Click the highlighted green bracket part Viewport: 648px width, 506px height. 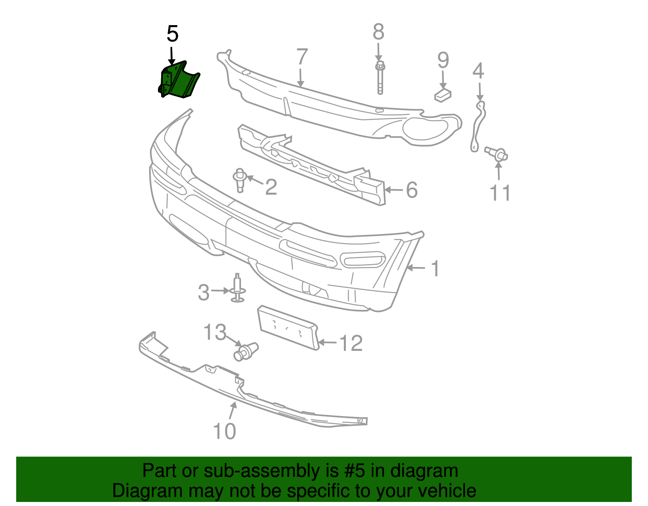coord(178,81)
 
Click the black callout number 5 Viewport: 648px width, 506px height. coord(172,34)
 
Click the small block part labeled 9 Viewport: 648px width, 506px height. coord(443,96)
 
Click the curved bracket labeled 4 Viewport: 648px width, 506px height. coord(477,126)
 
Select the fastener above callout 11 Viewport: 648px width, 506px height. coord(497,154)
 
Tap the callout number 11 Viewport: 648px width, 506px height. coord(500,193)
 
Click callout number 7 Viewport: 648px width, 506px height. coord(302,57)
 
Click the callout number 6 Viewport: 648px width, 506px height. coord(411,190)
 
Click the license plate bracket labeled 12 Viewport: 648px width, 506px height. coord(288,327)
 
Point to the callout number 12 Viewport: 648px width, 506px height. coord(351,344)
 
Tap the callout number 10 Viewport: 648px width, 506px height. coord(224,431)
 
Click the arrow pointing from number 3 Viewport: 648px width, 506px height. coord(221,290)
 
